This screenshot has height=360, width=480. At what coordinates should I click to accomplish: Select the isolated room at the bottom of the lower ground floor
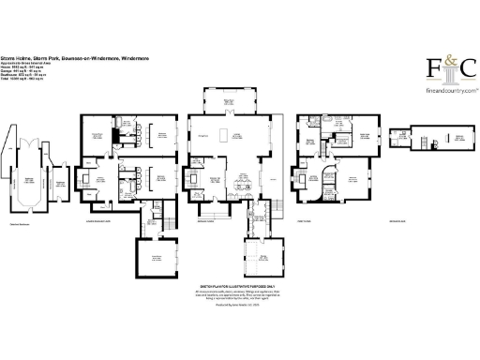coord(157,257)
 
